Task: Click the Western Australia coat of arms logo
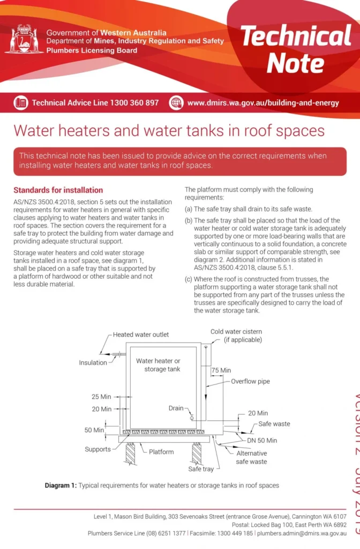24,39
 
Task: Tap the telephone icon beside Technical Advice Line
21,102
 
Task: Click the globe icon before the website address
176,102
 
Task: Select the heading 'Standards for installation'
58,190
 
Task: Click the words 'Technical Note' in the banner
296,49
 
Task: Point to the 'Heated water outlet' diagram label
141,335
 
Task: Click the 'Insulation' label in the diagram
93,362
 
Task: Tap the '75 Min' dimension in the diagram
221,370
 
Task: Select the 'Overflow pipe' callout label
250,382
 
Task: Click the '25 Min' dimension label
101,397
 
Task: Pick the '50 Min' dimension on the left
94,430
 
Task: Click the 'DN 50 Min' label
262,440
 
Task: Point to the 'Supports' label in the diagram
98,449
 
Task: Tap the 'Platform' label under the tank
161,452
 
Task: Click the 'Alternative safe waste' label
251,457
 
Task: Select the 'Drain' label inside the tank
176,409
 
